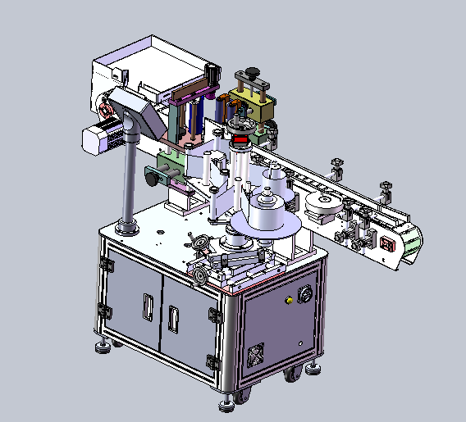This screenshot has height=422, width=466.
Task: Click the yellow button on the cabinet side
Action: (288, 302)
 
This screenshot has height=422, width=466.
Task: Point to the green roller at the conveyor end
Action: (413, 239)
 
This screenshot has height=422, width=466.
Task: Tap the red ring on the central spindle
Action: (241, 141)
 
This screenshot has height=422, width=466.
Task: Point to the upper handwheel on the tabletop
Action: (199, 243)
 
